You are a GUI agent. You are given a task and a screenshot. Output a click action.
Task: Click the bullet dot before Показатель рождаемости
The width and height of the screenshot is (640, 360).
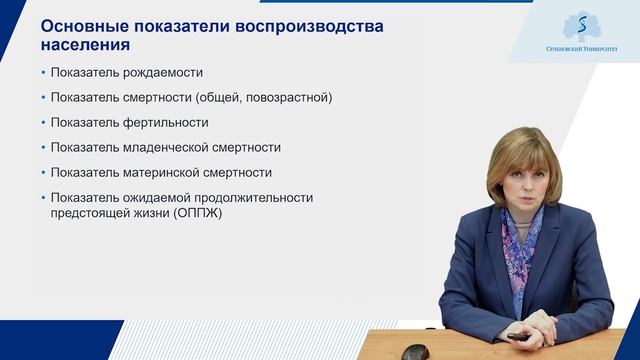coord(43,73)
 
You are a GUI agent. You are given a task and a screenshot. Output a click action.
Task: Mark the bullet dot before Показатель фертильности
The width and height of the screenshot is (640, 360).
coord(43,123)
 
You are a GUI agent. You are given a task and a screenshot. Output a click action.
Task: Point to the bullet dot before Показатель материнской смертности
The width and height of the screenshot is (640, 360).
coord(43,172)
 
